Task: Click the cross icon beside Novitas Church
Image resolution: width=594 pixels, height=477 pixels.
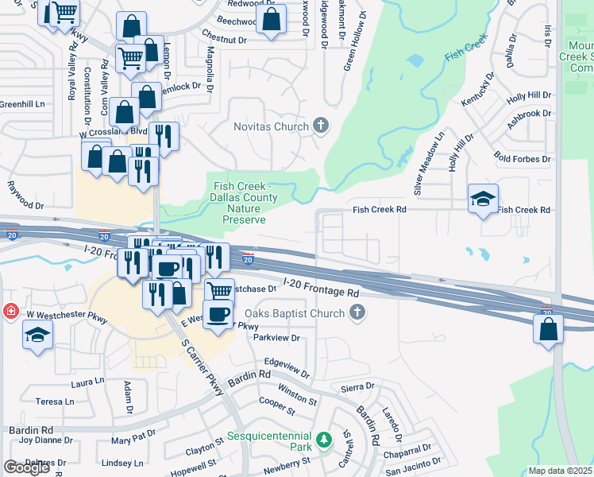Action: pyautogui.click(x=321, y=126)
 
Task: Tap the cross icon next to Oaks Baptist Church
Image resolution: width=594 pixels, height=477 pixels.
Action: pyautogui.click(x=357, y=313)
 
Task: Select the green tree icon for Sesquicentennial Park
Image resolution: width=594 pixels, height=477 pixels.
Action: pyautogui.click(x=323, y=440)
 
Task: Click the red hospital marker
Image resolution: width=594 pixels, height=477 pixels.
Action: pyautogui.click(x=9, y=311)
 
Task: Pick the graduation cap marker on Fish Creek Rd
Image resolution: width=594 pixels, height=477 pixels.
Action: pyautogui.click(x=482, y=200)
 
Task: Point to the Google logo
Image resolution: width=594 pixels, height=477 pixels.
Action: pyautogui.click(x=26, y=467)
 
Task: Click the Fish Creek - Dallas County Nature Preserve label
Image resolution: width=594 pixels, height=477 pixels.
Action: pyautogui.click(x=244, y=203)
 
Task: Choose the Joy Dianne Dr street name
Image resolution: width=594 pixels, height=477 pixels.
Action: pyautogui.click(x=46, y=440)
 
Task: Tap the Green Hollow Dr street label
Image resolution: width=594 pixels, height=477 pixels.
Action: pyautogui.click(x=354, y=40)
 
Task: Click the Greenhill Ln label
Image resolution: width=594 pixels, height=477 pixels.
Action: pyautogui.click(x=21, y=104)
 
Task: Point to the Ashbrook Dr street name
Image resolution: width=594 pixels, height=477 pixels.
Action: pyautogui.click(x=530, y=114)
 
